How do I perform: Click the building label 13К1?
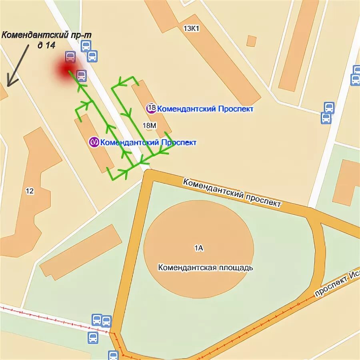(x=191, y=28)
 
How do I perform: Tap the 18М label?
(x=149, y=126)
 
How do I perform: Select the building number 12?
(x=30, y=191)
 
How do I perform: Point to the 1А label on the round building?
(x=198, y=248)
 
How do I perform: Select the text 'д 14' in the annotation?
(x=46, y=45)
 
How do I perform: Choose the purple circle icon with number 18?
(x=151, y=108)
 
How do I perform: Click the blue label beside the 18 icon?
(x=205, y=108)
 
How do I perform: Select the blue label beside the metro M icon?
(x=148, y=142)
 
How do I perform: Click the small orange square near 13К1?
(x=251, y=41)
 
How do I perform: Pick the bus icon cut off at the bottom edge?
(x=113, y=355)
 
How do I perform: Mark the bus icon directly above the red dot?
(x=70, y=57)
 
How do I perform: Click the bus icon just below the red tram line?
(x=93, y=338)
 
